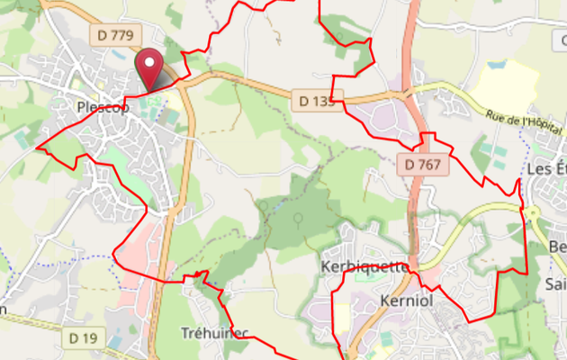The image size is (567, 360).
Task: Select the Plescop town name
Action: (103, 106)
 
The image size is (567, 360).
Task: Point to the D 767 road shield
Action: (422, 164)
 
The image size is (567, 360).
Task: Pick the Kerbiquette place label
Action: (364, 267)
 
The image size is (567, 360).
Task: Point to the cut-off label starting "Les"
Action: (545, 168)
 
